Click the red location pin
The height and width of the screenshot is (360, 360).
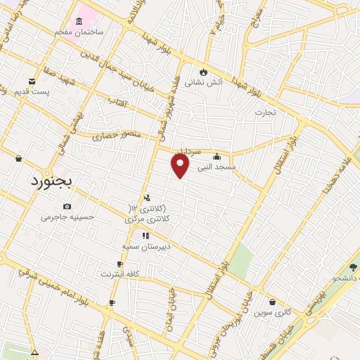[181, 165]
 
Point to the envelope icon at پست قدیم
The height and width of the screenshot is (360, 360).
[32, 81]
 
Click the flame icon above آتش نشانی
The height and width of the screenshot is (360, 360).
[204, 71]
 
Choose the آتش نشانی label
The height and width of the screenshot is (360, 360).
[203, 82]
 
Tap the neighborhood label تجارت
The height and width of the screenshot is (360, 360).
[266, 112]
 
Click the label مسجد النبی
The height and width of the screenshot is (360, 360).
[216, 167]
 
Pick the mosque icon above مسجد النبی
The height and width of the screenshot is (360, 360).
[216, 157]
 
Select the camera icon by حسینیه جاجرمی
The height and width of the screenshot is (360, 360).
[67, 206]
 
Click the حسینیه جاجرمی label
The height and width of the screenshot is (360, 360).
[67, 217]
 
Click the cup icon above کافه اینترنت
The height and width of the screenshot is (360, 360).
[120, 264]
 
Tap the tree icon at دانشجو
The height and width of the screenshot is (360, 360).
[353, 266]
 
